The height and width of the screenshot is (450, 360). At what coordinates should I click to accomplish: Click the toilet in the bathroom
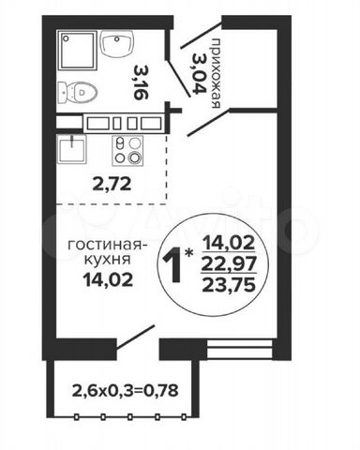coord(77,93)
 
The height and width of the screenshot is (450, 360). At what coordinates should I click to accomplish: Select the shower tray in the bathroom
coord(78,51)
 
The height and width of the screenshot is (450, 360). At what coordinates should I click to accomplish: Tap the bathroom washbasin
coord(117,43)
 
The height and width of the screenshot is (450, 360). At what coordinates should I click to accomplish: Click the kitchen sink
coord(71,149)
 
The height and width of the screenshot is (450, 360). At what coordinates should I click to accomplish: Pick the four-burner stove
coord(127,151)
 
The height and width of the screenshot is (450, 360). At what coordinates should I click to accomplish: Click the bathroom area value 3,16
coord(139,82)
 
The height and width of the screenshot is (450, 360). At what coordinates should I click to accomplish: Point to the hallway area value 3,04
coord(199,73)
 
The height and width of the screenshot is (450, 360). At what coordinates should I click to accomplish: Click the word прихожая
coord(216,73)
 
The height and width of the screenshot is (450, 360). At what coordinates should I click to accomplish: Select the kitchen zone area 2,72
coord(112,185)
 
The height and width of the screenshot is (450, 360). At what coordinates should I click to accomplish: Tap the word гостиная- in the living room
coord(107,246)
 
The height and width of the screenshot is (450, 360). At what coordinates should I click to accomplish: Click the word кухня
coord(108,261)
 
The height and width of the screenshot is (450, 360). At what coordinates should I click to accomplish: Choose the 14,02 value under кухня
coord(108,279)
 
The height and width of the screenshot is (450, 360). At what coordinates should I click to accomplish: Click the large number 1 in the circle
coord(174,264)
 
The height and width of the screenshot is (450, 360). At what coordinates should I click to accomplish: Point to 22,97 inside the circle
coord(229,264)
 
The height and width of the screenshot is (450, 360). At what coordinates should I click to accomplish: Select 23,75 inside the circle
coord(229,284)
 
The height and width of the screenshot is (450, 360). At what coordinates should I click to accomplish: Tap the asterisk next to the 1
coord(188,252)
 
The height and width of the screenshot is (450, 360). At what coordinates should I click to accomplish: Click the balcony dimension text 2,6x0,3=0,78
coord(126,390)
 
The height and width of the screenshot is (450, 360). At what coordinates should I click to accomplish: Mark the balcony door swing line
coord(136,337)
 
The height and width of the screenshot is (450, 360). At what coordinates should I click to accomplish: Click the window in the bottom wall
coord(240,348)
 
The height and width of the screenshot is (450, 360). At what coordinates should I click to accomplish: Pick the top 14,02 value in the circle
coord(229,243)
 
